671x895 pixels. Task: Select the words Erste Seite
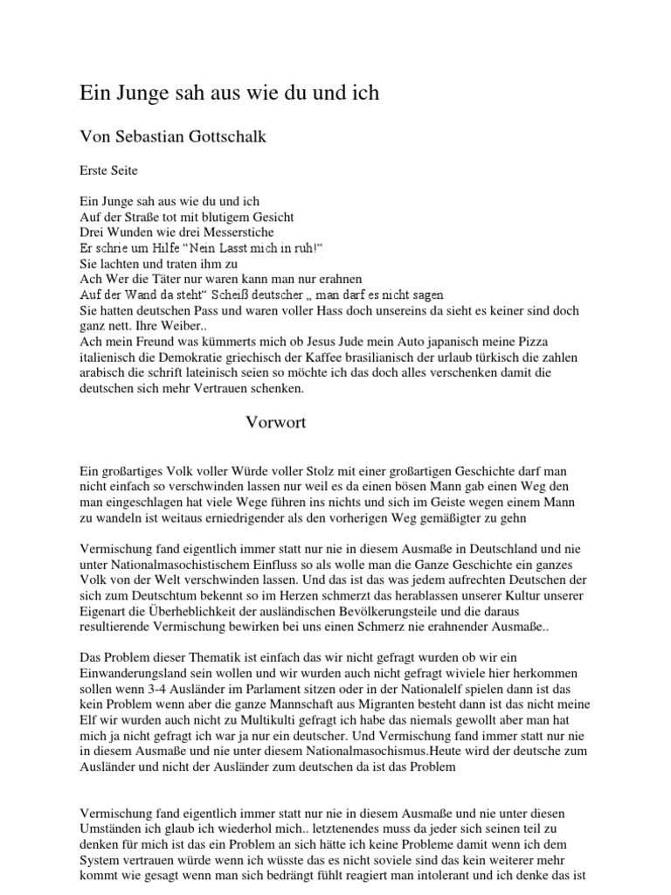pos(108,170)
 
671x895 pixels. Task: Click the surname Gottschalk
pos(234,136)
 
